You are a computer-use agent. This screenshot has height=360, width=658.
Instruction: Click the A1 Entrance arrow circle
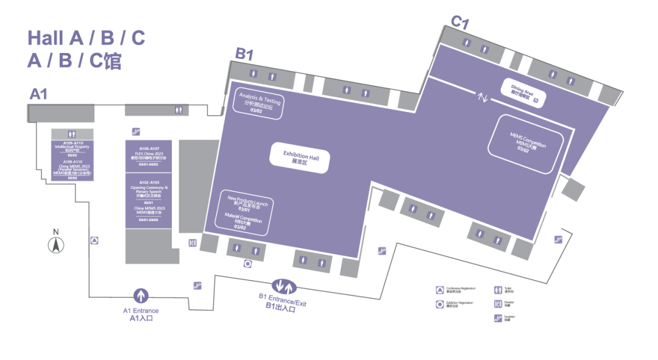[x=141, y=296]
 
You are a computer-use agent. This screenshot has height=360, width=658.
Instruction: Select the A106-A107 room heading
[x=149, y=149]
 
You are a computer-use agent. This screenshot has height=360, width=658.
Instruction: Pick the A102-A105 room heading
[x=149, y=182]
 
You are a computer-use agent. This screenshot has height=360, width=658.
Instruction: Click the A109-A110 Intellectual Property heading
[x=73, y=145]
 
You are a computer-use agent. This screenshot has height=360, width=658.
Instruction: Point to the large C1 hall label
[x=459, y=23]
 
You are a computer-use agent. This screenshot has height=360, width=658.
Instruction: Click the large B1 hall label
[x=244, y=55]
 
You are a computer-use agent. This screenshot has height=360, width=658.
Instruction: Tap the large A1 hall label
[x=39, y=94]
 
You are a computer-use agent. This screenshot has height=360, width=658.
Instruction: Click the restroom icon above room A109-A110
[x=73, y=134]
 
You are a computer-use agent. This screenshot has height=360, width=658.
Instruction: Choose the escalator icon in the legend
[x=498, y=317]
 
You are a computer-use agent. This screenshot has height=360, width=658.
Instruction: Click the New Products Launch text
[x=247, y=202]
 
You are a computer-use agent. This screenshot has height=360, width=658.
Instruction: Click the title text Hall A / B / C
[x=86, y=38]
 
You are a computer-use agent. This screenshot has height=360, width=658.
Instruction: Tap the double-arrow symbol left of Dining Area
[x=483, y=97]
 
